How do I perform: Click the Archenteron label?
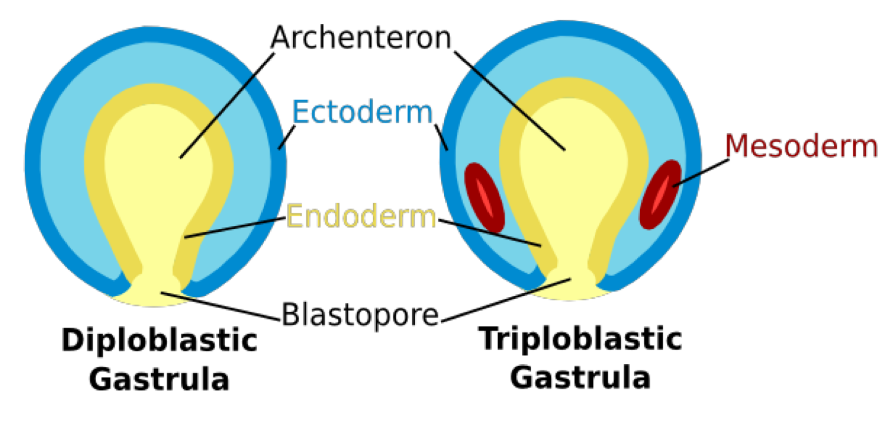362,38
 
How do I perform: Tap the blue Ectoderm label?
362,113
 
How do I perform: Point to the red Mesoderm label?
801,146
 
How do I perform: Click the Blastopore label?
361,314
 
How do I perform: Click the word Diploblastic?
159,341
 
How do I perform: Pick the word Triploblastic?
581,339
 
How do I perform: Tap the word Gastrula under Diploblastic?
159,379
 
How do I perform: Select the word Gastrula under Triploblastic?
581,377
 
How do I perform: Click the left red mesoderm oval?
485,198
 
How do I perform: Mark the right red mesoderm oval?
660,194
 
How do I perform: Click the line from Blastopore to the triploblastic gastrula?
506,300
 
